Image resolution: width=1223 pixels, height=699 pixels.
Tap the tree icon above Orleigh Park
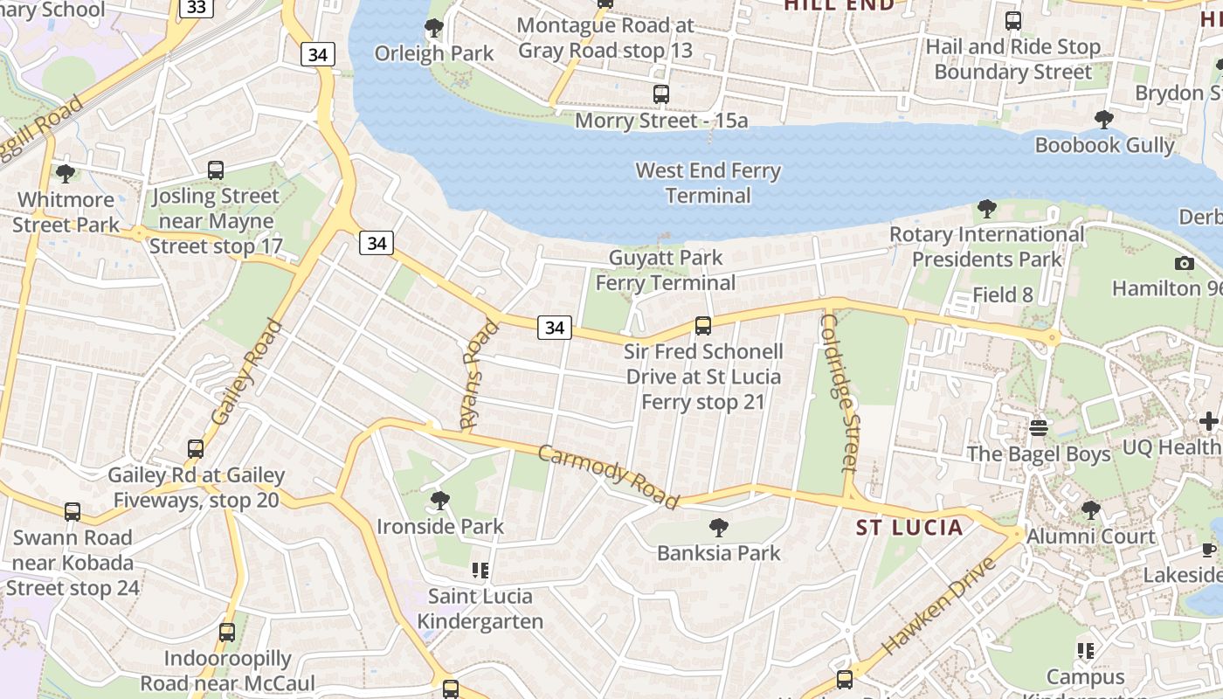tap(433, 29)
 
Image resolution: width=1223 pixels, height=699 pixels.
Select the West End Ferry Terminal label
tap(708, 183)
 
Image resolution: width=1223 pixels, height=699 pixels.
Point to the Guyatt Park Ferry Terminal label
tap(666, 270)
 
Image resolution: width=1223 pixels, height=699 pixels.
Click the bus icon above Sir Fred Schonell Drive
tap(702, 326)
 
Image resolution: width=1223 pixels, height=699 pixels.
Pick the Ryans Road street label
tap(478, 374)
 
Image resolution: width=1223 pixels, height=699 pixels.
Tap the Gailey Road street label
tap(247, 371)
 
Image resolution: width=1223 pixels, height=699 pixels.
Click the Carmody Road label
tap(608, 476)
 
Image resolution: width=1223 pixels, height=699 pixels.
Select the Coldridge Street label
tap(840, 393)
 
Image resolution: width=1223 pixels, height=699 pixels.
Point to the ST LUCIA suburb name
tap(909, 528)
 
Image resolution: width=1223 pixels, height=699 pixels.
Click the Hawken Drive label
tap(939, 606)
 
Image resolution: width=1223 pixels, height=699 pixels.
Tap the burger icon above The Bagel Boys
tap(1038, 428)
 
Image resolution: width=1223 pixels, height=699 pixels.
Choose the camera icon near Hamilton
tap(1185, 263)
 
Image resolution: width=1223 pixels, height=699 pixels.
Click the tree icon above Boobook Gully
tap(1104, 120)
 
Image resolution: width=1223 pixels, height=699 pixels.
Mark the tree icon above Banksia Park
tap(719, 527)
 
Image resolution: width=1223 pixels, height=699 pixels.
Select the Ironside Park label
tap(440, 527)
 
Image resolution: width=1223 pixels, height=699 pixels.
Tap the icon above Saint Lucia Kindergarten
tap(480, 571)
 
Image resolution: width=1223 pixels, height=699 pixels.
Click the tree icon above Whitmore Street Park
tap(66, 173)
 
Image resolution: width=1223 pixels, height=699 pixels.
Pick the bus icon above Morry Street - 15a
tap(661, 93)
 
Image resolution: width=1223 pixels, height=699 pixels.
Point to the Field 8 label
tap(1003, 295)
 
